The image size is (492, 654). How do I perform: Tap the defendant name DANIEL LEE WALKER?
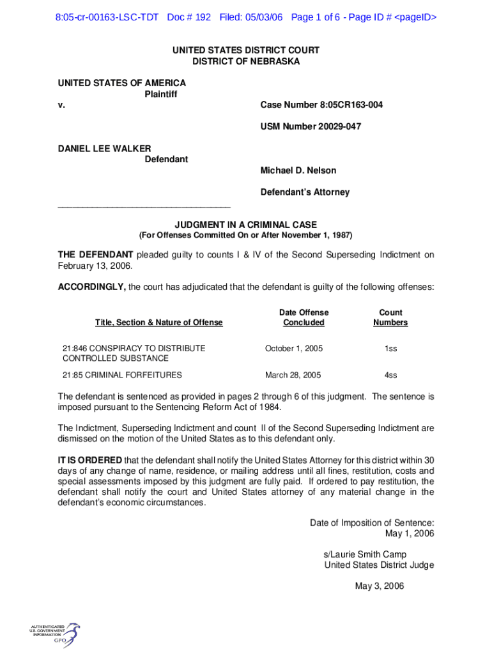tap(105, 148)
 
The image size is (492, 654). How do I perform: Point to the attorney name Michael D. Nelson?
tap(298, 171)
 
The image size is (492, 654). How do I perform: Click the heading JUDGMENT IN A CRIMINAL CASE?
tap(246, 225)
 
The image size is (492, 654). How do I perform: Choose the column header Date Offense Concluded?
tap(304, 317)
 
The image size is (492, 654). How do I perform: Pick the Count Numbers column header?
tap(390, 317)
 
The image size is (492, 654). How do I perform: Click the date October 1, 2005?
tap(294, 349)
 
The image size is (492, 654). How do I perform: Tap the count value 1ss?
tap(390, 349)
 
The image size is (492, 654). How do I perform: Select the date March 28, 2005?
tap(293, 375)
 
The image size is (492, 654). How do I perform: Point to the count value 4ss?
tap(390, 375)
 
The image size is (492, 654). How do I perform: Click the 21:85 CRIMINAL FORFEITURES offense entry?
tap(122, 375)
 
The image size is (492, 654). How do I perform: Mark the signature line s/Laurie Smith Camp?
tap(365, 554)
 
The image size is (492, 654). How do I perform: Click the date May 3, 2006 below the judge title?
tap(380, 586)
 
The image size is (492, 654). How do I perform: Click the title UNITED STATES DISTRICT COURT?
tap(246, 50)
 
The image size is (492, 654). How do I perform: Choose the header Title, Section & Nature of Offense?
tap(159, 323)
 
